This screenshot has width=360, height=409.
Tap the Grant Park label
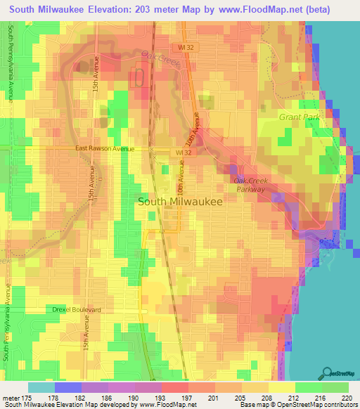[x=299, y=117]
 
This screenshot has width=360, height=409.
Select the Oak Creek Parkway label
[x=249, y=185]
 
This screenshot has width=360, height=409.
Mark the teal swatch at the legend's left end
[x=41, y=387]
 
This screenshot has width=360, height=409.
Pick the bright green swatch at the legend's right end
[x=335, y=387]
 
